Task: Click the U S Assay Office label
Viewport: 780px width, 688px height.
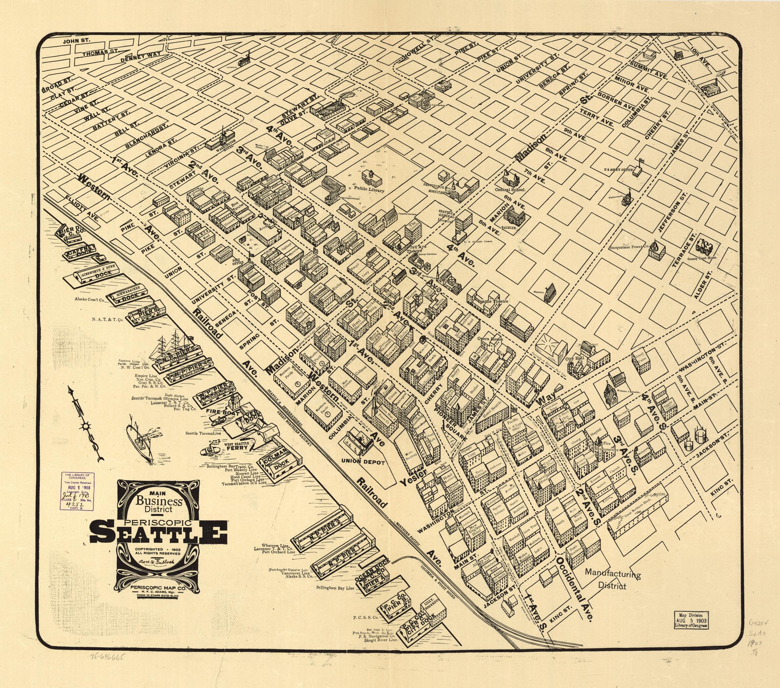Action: pyautogui.click(x=618, y=169)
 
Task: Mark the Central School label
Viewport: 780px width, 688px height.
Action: pyautogui.click(x=509, y=189)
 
